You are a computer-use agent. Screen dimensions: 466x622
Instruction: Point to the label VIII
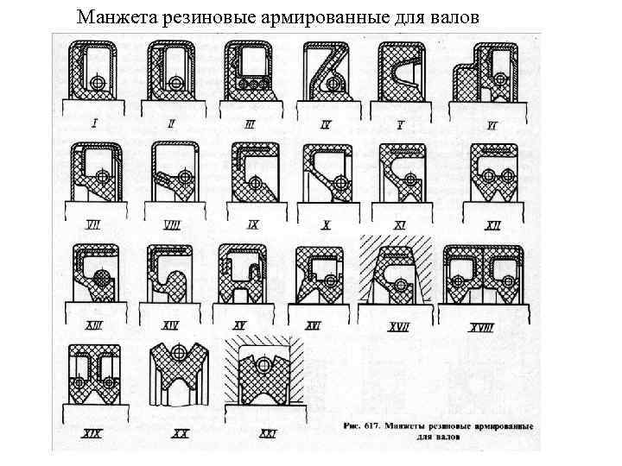172,225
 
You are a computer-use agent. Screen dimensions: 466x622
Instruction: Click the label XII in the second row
493,226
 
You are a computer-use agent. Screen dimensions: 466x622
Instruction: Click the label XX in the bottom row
181,433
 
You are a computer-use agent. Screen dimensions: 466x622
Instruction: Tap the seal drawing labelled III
250,72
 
